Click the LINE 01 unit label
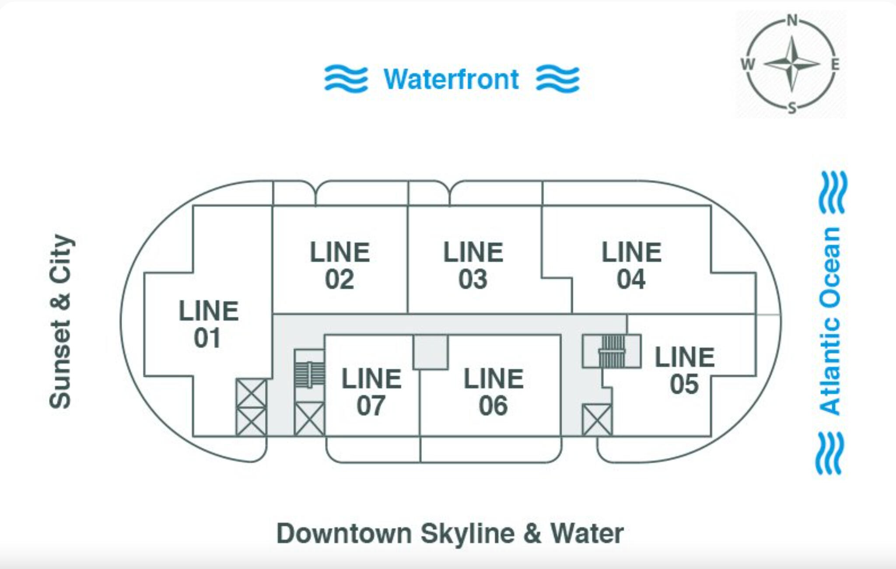tap(208, 324)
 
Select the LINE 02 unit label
tap(339, 265)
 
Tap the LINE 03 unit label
tap(473, 265)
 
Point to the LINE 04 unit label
tap(631, 265)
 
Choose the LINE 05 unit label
tap(684, 370)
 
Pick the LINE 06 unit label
tap(493, 392)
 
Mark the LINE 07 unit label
tap(371, 392)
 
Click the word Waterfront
tap(451, 79)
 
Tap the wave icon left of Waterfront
tap(346, 79)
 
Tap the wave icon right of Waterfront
tap(558, 79)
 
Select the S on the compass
tap(792, 108)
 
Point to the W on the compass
tap(748, 64)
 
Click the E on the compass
tap(835, 64)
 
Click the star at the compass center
tap(792, 64)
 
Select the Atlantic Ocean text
tap(830, 321)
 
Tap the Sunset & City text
tap(60, 321)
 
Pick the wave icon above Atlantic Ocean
tap(833, 193)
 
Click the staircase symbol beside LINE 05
tap(612, 351)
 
